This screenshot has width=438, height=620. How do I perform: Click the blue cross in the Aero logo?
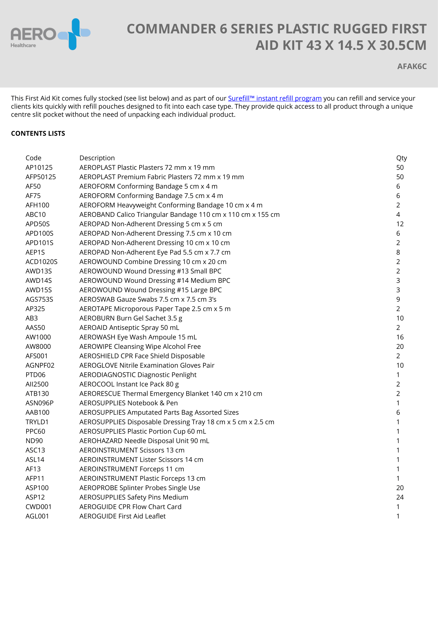tap(74, 34)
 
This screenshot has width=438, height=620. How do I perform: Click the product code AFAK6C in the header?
tap(412, 67)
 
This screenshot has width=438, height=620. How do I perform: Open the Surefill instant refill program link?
tap(275, 98)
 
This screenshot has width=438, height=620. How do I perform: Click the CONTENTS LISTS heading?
tap(38, 133)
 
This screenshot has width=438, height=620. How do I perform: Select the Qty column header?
tap(401, 158)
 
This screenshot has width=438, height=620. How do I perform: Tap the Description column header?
tap(97, 158)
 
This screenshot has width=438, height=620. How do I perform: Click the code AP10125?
tap(39, 168)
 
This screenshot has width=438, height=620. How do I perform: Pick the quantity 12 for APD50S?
tap(400, 224)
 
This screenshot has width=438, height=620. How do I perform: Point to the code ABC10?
tap(35, 214)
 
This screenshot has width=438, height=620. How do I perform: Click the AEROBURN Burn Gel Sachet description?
tap(131, 318)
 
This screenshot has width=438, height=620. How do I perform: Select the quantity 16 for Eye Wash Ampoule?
tap(400, 337)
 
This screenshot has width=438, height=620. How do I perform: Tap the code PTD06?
tap(35, 375)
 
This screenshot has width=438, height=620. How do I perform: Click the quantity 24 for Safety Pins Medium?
tap(400, 497)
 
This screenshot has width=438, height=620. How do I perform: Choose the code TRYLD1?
tap(37, 422)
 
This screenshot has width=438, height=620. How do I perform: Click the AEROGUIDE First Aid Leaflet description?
tap(122, 516)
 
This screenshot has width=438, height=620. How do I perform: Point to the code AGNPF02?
tap(40, 365)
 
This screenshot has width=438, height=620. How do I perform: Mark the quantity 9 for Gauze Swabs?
tap(398, 299)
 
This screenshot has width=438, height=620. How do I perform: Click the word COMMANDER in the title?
tap(171, 29)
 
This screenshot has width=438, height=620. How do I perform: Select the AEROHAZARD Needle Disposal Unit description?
tap(144, 441)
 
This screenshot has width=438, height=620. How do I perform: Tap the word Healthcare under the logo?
tap(23, 45)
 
